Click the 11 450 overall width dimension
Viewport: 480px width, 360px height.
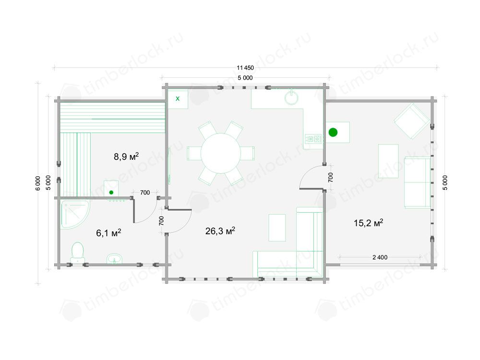click(245, 68)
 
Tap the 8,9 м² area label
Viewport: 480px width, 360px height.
click(126, 156)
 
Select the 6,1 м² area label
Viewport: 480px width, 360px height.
click(108, 233)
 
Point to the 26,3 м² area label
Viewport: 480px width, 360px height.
click(220, 230)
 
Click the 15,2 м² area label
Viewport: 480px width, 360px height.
click(368, 223)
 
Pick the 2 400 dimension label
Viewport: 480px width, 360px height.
click(380, 257)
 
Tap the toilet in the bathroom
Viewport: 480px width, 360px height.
click(78, 252)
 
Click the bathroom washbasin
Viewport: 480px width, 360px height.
click(115, 259)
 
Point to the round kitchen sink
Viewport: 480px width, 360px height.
click(291, 97)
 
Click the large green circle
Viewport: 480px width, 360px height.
click(333, 132)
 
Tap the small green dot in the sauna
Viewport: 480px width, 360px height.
click(111, 192)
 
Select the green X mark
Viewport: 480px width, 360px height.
click(178, 98)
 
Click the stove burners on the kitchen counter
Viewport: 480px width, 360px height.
click(314, 139)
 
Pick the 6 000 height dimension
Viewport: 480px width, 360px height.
click(37, 183)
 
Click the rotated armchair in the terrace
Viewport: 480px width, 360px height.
click(412, 121)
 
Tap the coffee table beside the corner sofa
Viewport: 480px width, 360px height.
click(277, 228)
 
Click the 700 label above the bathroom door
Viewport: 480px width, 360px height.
click(145, 192)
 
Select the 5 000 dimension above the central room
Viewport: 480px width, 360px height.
click(245, 78)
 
